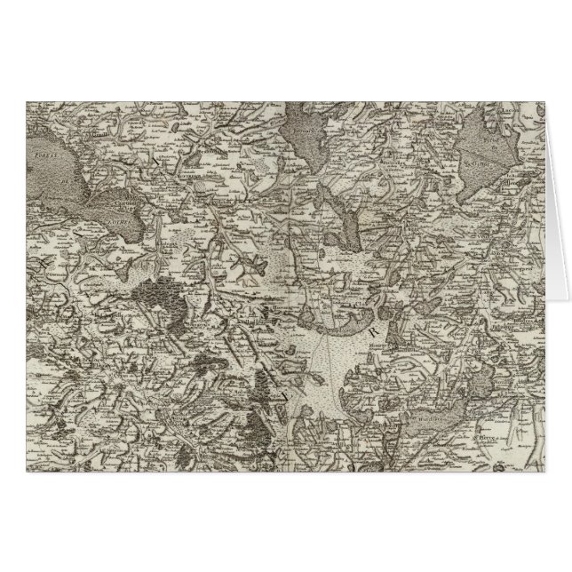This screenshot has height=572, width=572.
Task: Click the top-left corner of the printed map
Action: point(27,100)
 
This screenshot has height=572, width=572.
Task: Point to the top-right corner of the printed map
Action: point(543,100)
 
